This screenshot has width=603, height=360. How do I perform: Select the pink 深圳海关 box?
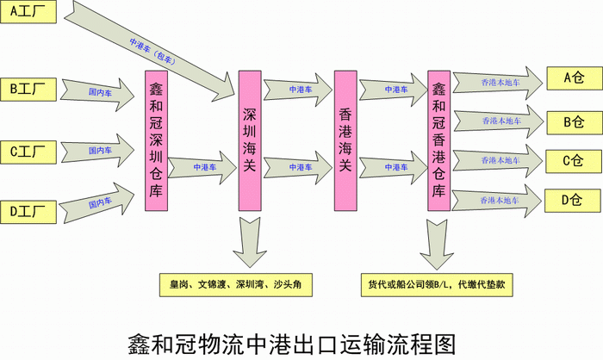pyautogui.click(x=250, y=140)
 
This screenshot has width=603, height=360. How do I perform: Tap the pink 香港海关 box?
pyautogui.click(x=345, y=140)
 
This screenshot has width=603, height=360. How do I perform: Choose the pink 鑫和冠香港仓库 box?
pyautogui.click(x=439, y=140)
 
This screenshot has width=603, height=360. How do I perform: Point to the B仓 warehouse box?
pyautogui.click(x=573, y=121)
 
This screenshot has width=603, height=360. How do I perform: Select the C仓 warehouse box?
pyautogui.click(x=573, y=160)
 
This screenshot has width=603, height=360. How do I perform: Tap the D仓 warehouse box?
pyautogui.click(x=573, y=201)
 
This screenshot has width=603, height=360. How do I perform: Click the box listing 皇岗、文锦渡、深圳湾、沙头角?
pyautogui.click(x=240, y=283)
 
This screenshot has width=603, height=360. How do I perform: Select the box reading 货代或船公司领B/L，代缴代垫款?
pyautogui.click(x=440, y=283)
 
